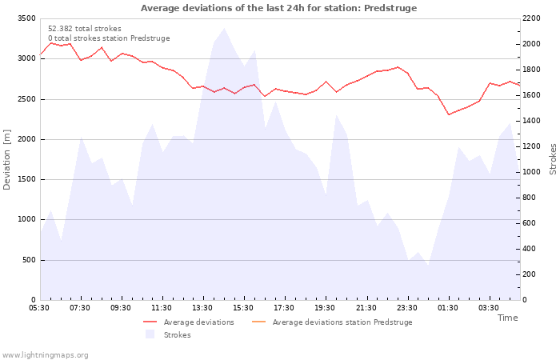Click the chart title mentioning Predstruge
click(278, 8)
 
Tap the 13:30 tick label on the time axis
click(202, 308)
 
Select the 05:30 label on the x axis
click(39, 308)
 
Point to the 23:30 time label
click(406, 308)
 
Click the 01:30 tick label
click(447, 308)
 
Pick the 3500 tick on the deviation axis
click(26, 18)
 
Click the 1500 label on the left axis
click(26, 179)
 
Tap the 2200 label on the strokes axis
click(531, 18)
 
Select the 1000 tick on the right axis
click(531, 172)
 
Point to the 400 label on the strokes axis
click(530, 249)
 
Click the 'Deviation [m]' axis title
click(6, 160)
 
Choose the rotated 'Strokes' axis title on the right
click(553, 159)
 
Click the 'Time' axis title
click(507, 318)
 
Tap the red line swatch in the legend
click(150, 322)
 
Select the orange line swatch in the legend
click(259, 322)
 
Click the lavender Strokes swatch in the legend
click(150, 334)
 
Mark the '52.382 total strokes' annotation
click(85, 29)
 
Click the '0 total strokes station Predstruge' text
click(109, 38)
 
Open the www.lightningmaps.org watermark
click(45, 355)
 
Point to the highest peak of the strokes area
click(224, 28)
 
